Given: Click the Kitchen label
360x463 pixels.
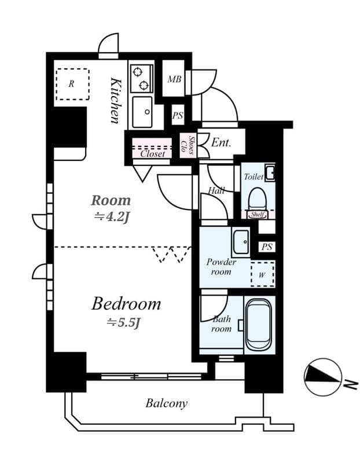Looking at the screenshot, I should [x=116, y=100].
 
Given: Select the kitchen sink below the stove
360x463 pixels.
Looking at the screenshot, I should [x=141, y=112].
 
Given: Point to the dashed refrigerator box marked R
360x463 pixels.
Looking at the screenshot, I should [x=72, y=84].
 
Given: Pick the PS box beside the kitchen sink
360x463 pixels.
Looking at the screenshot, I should [x=177, y=115].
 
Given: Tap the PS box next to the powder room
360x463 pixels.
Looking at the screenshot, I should [x=266, y=247].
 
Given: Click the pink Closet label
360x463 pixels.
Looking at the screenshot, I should [x=153, y=153].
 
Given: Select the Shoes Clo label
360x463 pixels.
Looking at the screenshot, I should [x=188, y=145].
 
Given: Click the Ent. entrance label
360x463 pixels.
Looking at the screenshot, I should [x=221, y=142].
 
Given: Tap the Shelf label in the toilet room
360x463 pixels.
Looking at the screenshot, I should [x=257, y=215].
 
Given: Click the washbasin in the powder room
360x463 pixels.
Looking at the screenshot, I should [x=240, y=242].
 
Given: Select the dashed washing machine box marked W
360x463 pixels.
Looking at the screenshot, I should [x=262, y=274].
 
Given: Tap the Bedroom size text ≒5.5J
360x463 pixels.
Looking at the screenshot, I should [x=123, y=323].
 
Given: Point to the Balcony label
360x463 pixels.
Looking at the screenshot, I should [x=166, y=403].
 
